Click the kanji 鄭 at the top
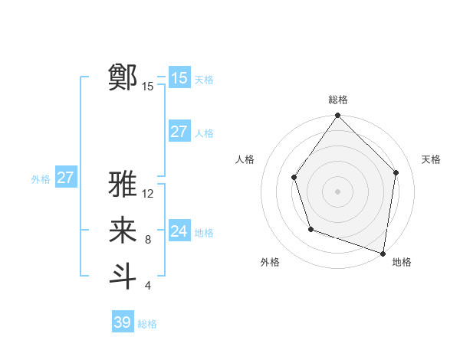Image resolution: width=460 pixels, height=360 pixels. point(123,77)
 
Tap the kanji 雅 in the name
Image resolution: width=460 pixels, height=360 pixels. point(123,185)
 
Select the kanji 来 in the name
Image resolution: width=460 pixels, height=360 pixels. point(123,231)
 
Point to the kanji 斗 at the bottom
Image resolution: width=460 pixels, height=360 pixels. point(123,276)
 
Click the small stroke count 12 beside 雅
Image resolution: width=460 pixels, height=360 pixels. point(149,194)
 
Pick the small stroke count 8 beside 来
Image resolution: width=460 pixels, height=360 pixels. point(148,240)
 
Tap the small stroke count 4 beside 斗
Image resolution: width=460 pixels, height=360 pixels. point(148,286)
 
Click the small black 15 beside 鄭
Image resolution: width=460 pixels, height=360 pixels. point(148,87)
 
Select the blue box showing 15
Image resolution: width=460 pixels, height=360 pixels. point(179,77)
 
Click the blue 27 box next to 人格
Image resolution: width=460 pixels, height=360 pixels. point(179,132)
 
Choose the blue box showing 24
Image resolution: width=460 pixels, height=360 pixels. point(179,231)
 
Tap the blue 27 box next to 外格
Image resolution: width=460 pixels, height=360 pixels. point(65,178)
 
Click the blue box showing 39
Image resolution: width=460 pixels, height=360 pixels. point(122,322)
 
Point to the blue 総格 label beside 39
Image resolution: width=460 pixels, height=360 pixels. point(148,324)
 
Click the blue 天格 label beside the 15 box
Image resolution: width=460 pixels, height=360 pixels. point(204,79)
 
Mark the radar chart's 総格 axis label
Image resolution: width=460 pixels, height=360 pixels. point(338,100)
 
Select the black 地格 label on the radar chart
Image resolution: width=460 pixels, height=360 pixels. point(402,262)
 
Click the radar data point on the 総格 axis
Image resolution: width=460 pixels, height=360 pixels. point(338,116)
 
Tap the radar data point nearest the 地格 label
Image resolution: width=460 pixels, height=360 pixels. point(383,252)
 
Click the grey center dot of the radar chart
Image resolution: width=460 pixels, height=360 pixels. point(338,191)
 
